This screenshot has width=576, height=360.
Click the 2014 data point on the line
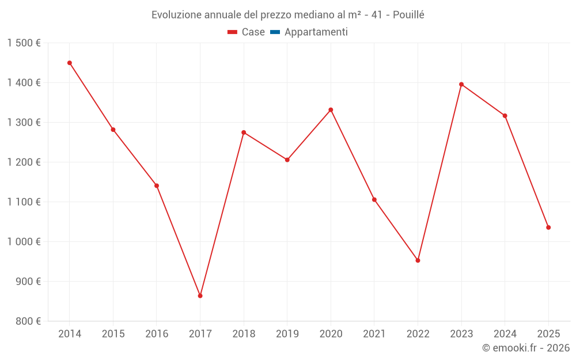click(x=70, y=63)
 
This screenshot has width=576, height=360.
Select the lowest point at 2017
click(x=200, y=296)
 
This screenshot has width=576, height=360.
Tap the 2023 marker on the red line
click(x=461, y=84)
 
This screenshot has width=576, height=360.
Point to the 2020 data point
click(x=331, y=110)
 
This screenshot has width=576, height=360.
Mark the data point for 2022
click(x=418, y=260)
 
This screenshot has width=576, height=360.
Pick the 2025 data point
click(x=548, y=228)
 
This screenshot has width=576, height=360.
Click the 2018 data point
click(x=244, y=132)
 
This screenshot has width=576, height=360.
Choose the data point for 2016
click(x=157, y=185)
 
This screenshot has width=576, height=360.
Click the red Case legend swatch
click(x=233, y=32)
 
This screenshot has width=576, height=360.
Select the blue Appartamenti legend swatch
click(x=275, y=32)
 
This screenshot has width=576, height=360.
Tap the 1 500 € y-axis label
click(x=24, y=43)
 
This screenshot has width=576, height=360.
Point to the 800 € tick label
click(x=27, y=321)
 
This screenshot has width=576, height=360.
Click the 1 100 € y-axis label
click(x=24, y=202)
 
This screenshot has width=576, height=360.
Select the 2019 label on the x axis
click(x=287, y=334)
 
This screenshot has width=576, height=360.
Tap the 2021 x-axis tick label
click(x=374, y=334)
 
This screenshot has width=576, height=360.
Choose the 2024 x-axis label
click(x=505, y=334)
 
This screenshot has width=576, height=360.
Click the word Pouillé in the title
click(x=408, y=15)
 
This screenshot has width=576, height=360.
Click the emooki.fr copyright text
click(x=526, y=348)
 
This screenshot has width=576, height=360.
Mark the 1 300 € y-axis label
click(x=24, y=123)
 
